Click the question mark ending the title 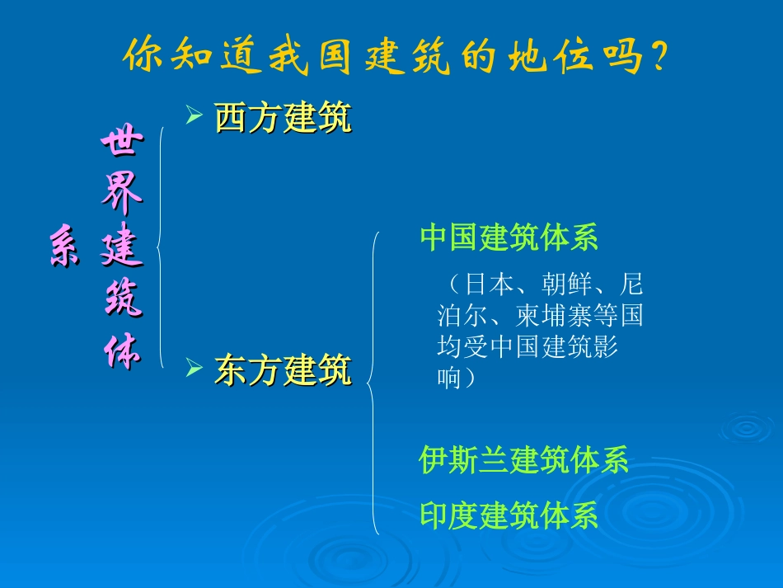click(x=657, y=57)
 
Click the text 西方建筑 click(x=283, y=118)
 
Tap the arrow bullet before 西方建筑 click(x=194, y=116)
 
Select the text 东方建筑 click(x=283, y=370)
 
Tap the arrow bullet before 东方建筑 click(x=194, y=368)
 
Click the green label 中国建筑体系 click(x=509, y=238)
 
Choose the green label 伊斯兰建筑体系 click(x=524, y=459)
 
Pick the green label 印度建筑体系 click(x=509, y=515)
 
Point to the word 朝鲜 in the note click(x=565, y=285)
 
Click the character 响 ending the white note click(x=449, y=379)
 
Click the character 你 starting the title click(x=143, y=57)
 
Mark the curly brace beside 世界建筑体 click(x=160, y=246)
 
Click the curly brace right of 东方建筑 click(x=373, y=383)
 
